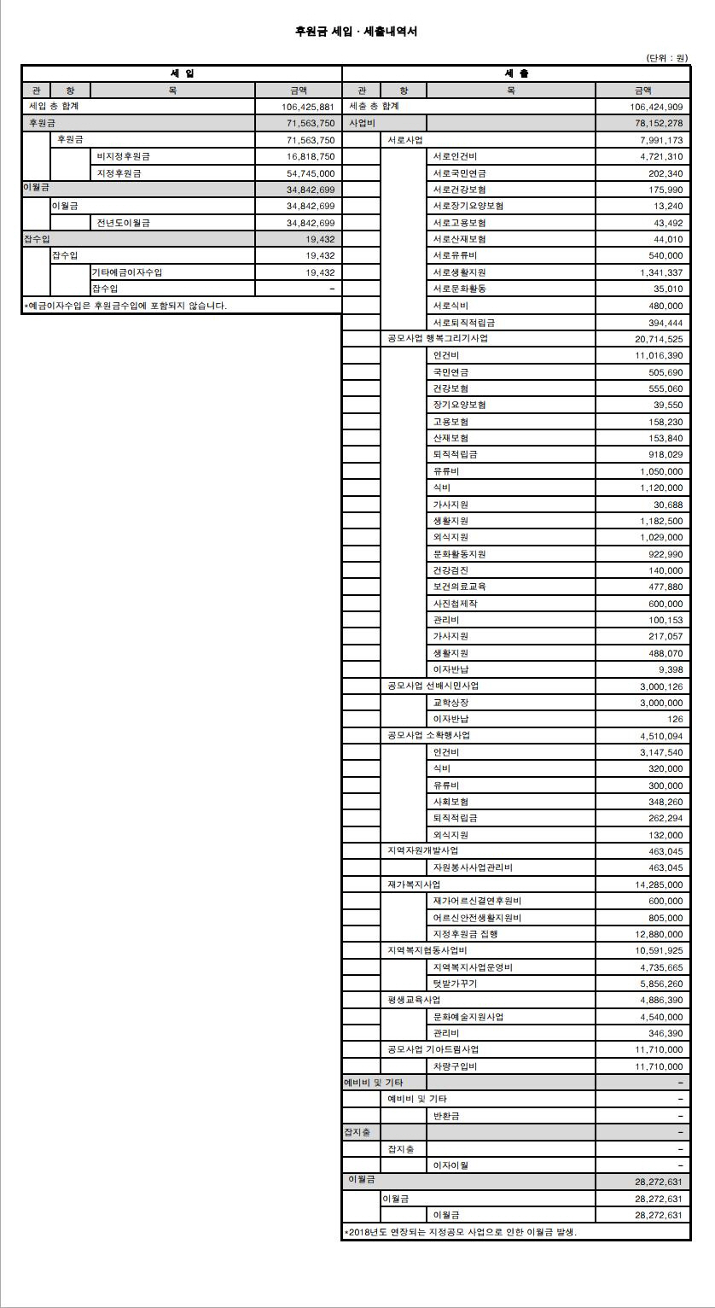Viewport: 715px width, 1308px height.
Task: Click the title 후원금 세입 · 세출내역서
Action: [x=356, y=32]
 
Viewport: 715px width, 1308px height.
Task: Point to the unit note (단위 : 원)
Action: [x=666, y=58]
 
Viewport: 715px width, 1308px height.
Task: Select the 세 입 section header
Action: [x=182, y=73]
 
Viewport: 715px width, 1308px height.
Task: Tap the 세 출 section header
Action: [x=516, y=73]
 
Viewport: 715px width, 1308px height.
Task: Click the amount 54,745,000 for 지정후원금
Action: [x=311, y=173]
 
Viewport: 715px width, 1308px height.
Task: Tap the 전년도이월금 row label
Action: [x=124, y=223]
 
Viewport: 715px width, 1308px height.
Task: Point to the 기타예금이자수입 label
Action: [x=127, y=272]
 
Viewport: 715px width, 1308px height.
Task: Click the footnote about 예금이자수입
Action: [x=125, y=305]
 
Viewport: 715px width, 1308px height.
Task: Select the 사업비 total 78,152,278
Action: [x=655, y=124]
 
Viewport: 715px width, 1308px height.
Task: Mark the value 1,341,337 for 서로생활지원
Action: [x=660, y=272]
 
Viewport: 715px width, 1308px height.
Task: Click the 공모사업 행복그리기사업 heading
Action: [x=438, y=338]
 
